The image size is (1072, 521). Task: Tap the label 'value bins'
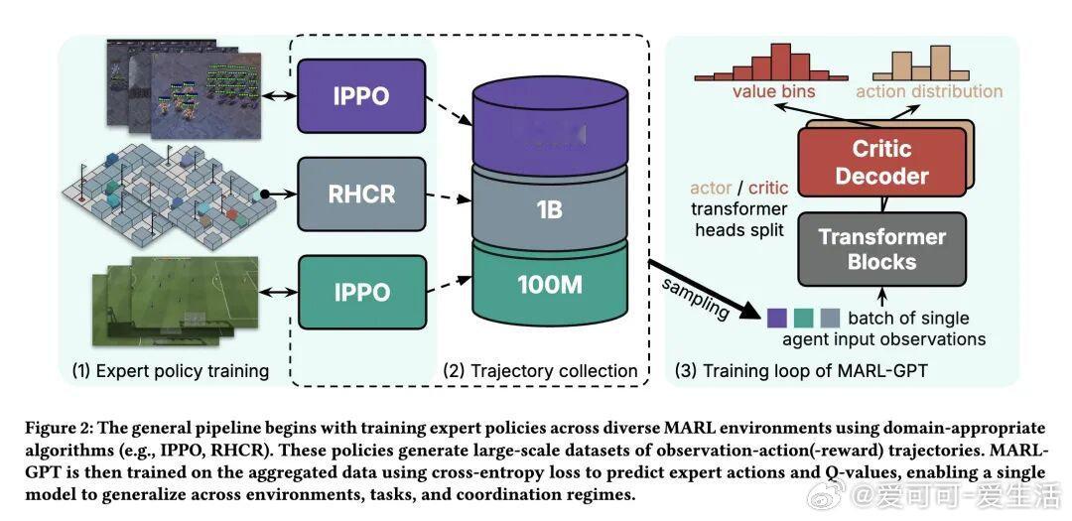pyautogui.click(x=774, y=91)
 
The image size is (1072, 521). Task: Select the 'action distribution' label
pyautogui.click(x=929, y=91)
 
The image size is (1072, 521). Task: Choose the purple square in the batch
pyautogui.click(x=777, y=318)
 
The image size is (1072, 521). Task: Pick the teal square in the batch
pyautogui.click(x=803, y=318)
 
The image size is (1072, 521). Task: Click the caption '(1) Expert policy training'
pyautogui.click(x=171, y=371)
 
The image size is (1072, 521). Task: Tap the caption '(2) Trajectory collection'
pyautogui.click(x=540, y=371)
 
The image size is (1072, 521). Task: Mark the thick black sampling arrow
pyautogui.click(x=700, y=287)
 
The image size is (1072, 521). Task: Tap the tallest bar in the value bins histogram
pyautogui.click(x=774, y=60)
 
